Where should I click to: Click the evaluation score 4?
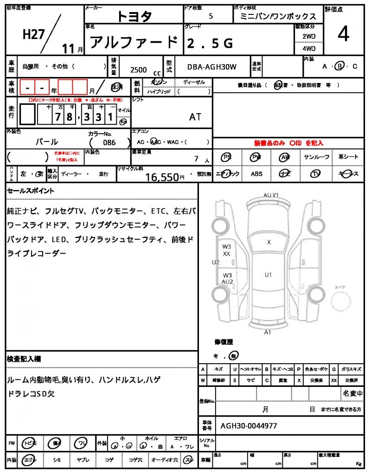[x=343, y=35]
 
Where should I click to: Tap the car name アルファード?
[x=133, y=43]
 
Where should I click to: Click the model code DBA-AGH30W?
[x=211, y=67]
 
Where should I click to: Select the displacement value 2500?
[x=138, y=70]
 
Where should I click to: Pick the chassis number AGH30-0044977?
[x=249, y=425]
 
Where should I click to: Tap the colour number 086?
[x=109, y=142]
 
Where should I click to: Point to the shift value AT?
[x=195, y=117]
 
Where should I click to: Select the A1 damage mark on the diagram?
[x=268, y=332]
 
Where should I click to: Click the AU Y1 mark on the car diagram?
[x=270, y=195]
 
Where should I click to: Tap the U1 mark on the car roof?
[x=268, y=275]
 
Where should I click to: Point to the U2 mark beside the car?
[x=215, y=263]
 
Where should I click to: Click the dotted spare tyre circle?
[x=345, y=304]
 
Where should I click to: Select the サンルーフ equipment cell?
[x=317, y=157]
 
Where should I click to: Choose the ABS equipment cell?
[x=256, y=174]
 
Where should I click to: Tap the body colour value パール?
[x=47, y=142]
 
